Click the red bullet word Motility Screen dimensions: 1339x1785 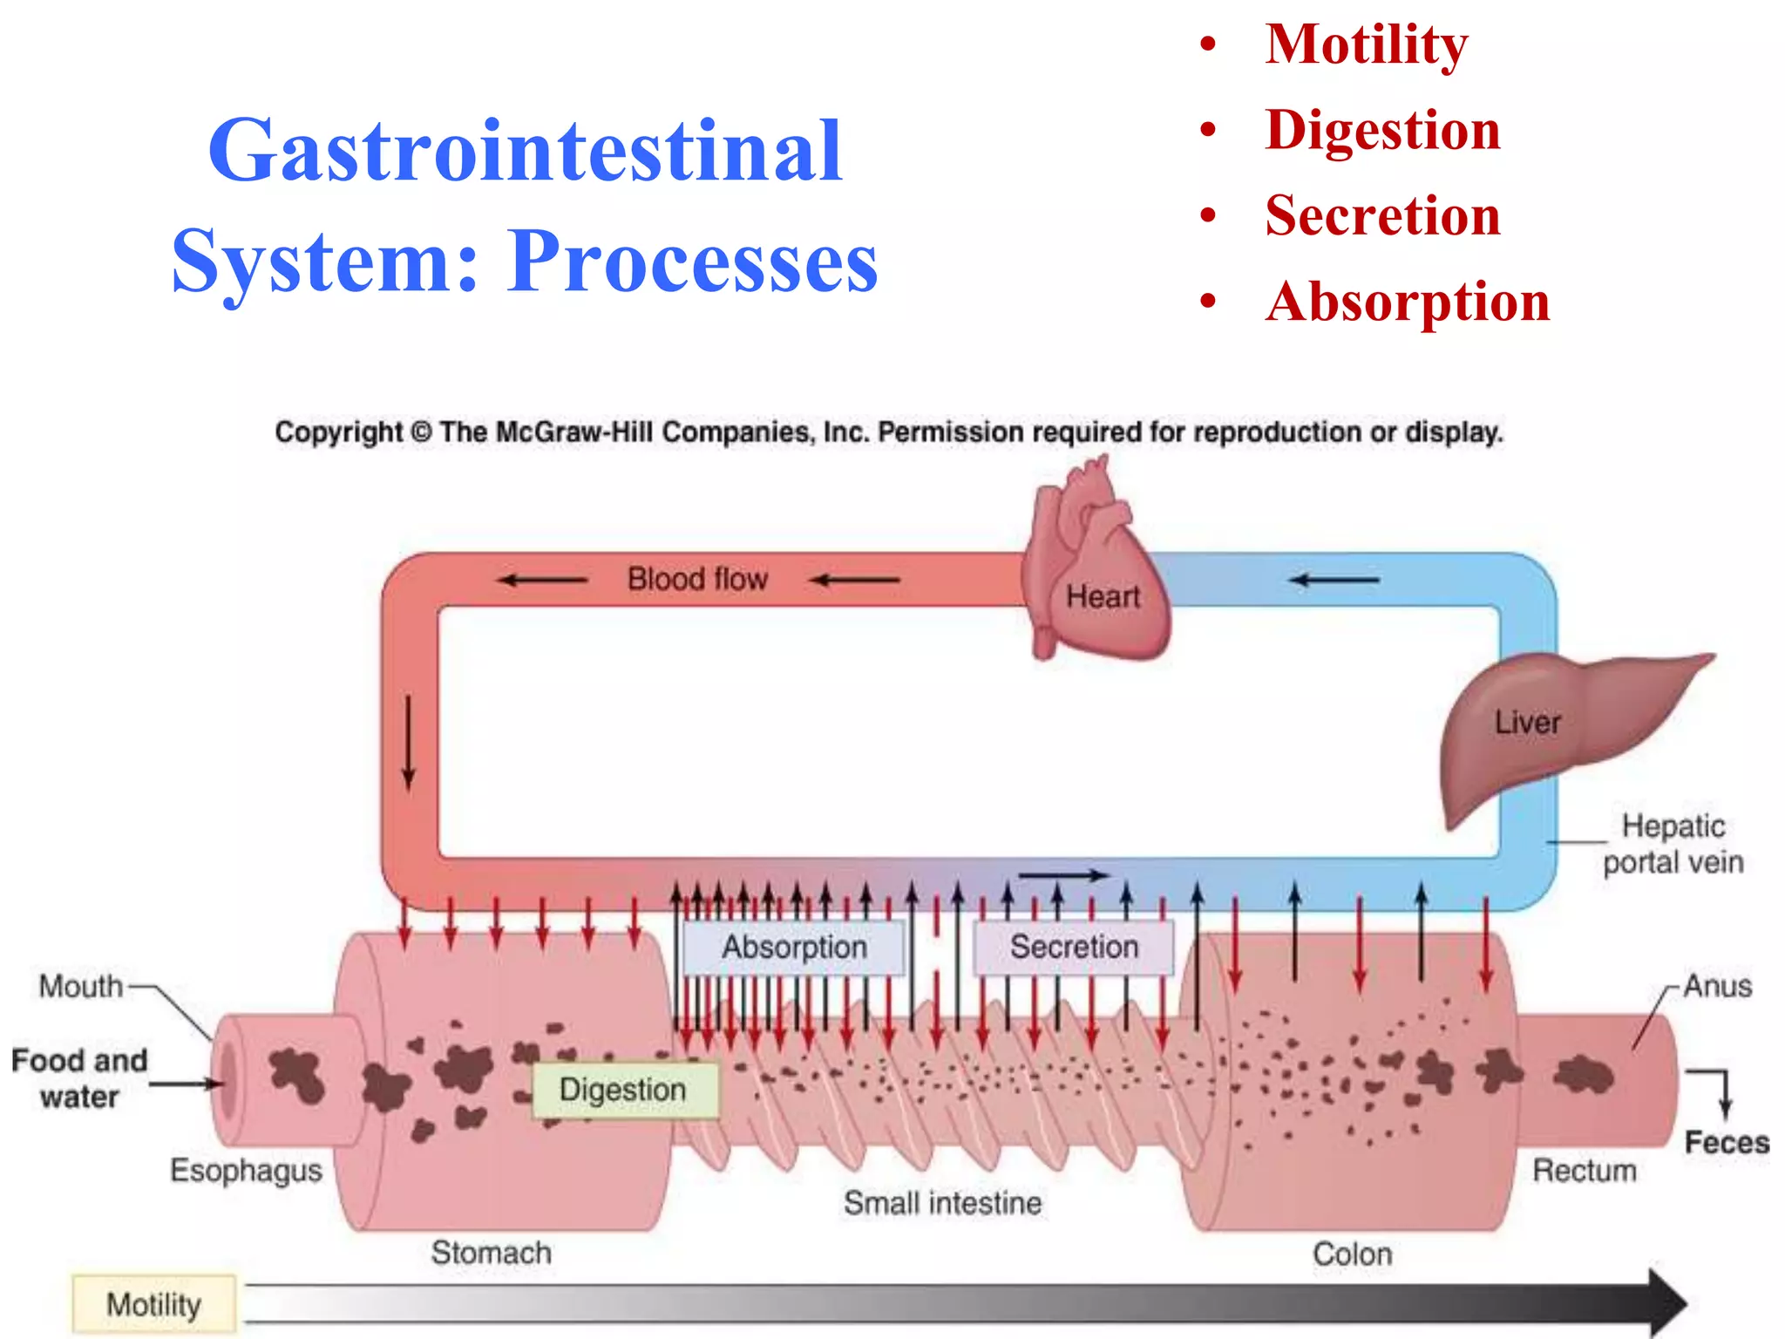(1366, 44)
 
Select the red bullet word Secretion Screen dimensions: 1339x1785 (1382, 215)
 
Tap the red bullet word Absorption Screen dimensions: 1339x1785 (1407, 302)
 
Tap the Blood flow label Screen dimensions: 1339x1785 (697, 579)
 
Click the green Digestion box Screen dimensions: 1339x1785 (624, 1090)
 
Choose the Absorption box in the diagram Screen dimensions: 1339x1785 (794, 948)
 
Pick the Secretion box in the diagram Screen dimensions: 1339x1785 (1073, 947)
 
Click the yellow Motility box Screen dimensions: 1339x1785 (153, 1304)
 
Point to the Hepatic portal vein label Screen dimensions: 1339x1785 (1673, 844)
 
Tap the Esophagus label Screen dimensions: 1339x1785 (246, 1170)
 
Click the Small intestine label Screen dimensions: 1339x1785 (942, 1203)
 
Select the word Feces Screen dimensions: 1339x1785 (1726, 1142)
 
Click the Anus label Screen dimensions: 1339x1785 (1716, 986)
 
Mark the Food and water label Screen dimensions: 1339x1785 (79, 1078)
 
